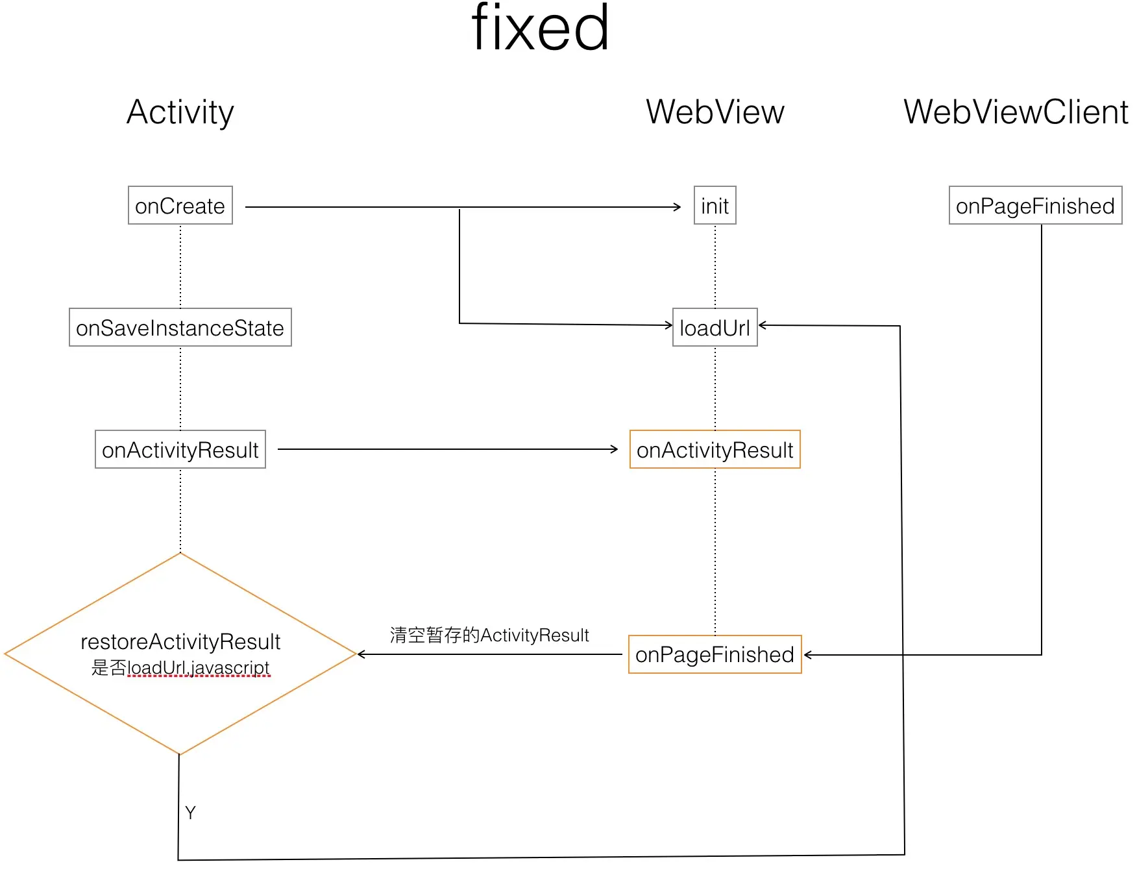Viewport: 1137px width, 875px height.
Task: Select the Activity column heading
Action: click(180, 112)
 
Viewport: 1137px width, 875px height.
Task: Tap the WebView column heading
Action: click(715, 112)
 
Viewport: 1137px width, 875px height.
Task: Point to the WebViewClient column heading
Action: click(1016, 112)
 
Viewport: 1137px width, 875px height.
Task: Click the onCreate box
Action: click(180, 206)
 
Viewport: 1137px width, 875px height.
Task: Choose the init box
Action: click(715, 206)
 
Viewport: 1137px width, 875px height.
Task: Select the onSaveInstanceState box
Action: click(180, 328)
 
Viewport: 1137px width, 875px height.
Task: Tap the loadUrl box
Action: click(715, 328)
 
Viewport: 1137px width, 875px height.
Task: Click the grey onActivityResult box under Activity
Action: click(180, 450)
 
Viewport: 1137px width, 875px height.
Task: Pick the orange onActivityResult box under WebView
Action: click(715, 450)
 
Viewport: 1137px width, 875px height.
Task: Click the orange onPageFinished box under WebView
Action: click(715, 654)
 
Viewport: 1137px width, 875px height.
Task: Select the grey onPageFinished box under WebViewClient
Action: click(1035, 206)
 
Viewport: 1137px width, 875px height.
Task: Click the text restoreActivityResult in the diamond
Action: click(180, 641)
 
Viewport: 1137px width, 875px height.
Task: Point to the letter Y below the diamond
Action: click(190, 813)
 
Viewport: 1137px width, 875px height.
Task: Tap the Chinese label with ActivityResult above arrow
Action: click(489, 635)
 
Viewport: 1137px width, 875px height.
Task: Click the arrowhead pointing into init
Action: click(678, 207)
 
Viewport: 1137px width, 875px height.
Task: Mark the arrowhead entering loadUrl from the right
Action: click(763, 325)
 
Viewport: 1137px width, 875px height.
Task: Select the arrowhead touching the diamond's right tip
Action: click(361, 654)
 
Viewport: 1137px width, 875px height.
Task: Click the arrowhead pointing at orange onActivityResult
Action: click(615, 449)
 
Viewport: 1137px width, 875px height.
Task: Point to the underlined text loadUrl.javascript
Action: click(199, 667)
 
